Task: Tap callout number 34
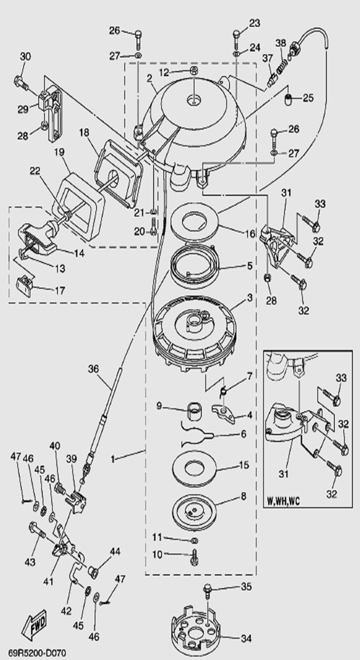[247, 638]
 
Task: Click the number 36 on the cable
[94, 369]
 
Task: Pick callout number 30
[25, 57]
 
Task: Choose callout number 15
[244, 466]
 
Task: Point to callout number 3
[249, 297]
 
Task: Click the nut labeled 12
[193, 72]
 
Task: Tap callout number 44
[115, 550]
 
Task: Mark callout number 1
[113, 459]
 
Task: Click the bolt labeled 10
[194, 555]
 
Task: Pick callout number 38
[281, 43]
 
